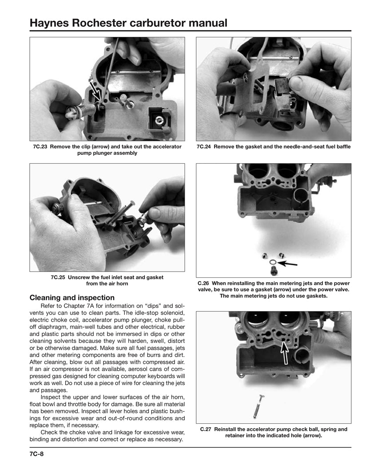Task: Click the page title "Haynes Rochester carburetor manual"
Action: [128, 23]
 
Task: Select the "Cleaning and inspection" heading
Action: [72, 298]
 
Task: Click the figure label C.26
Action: [203, 283]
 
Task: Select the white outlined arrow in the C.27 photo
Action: [285, 351]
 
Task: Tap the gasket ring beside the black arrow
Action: [272, 263]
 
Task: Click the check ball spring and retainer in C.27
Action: [258, 406]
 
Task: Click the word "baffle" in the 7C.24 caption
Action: [341, 147]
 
